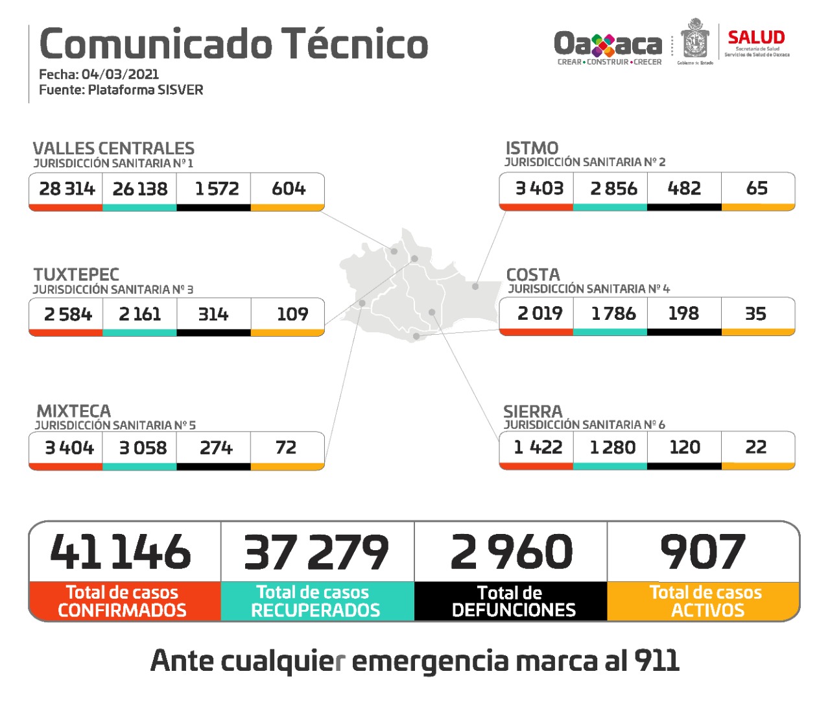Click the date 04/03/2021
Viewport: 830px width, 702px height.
(x=120, y=74)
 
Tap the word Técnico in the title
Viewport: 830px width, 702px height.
(x=355, y=44)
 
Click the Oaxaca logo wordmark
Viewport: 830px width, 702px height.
(x=608, y=45)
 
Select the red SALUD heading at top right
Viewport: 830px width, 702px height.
(x=756, y=38)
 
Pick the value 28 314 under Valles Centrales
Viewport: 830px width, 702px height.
(x=67, y=189)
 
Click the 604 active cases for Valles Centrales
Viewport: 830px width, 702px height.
(x=289, y=189)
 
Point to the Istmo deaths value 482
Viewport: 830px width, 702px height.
(x=684, y=188)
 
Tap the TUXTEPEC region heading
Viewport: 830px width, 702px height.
(x=77, y=274)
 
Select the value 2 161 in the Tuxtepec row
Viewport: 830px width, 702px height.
(x=140, y=314)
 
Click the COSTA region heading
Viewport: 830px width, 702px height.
(x=533, y=274)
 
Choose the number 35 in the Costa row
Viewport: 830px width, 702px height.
(x=755, y=314)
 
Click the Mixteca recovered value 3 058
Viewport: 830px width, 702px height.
(x=143, y=448)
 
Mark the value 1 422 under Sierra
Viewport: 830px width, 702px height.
(x=538, y=447)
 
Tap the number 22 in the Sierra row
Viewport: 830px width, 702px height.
(x=756, y=447)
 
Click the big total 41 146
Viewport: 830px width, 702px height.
(x=121, y=552)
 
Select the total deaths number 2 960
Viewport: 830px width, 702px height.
(x=512, y=552)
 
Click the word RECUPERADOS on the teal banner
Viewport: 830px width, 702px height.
(x=316, y=611)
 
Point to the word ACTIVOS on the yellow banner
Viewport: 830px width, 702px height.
(x=707, y=611)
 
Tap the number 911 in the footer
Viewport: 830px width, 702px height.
(x=657, y=661)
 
